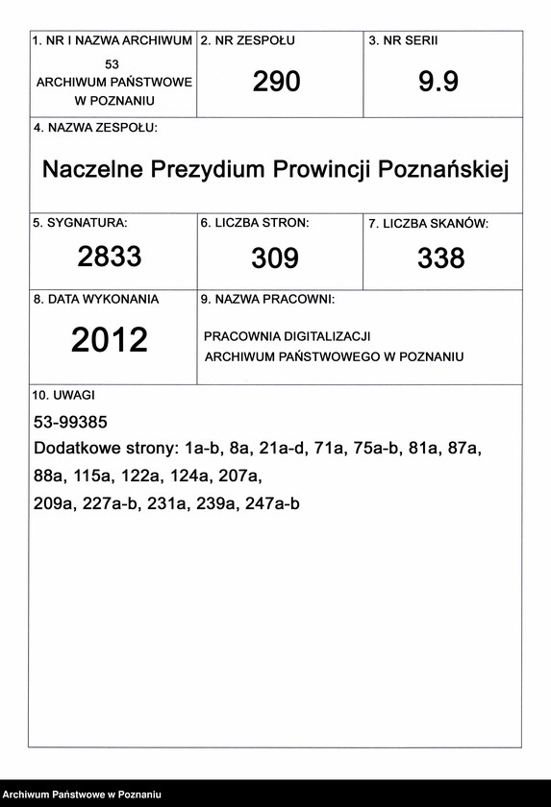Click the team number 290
[276, 83]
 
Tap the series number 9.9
[438, 83]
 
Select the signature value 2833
[110, 257]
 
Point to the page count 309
[275, 257]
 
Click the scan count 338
[441, 257]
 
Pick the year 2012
[110, 340]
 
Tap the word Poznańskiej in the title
[444, 170]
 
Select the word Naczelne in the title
[90, 170]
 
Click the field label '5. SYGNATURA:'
[81, 223]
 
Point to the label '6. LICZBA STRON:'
[255, 223]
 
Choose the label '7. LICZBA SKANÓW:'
[428, 224]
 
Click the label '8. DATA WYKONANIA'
[96, 300]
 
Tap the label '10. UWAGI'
[63, 394]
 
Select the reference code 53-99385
[70, 422]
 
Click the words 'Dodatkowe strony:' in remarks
[106, 449]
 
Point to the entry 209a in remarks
[54, 502]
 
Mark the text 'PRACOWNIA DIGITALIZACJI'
[288, 336]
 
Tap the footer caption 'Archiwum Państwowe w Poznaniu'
[81, 796]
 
